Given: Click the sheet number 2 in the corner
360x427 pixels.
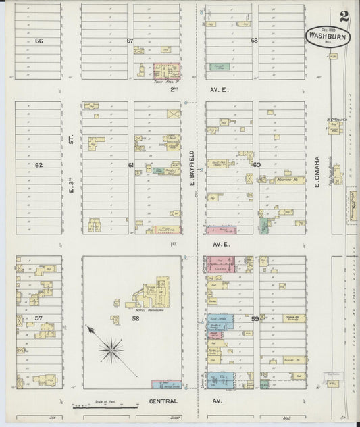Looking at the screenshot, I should pos(344,16).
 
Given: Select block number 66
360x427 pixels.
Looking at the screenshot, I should pos(38,41).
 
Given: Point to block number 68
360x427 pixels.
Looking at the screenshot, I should pos(254,41).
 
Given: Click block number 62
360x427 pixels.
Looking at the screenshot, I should pos(38,164).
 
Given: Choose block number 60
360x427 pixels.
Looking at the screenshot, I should pos(257,164).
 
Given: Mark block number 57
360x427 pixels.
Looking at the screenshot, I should pos(38,317).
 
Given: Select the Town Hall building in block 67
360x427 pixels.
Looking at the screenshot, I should pos(167,71).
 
